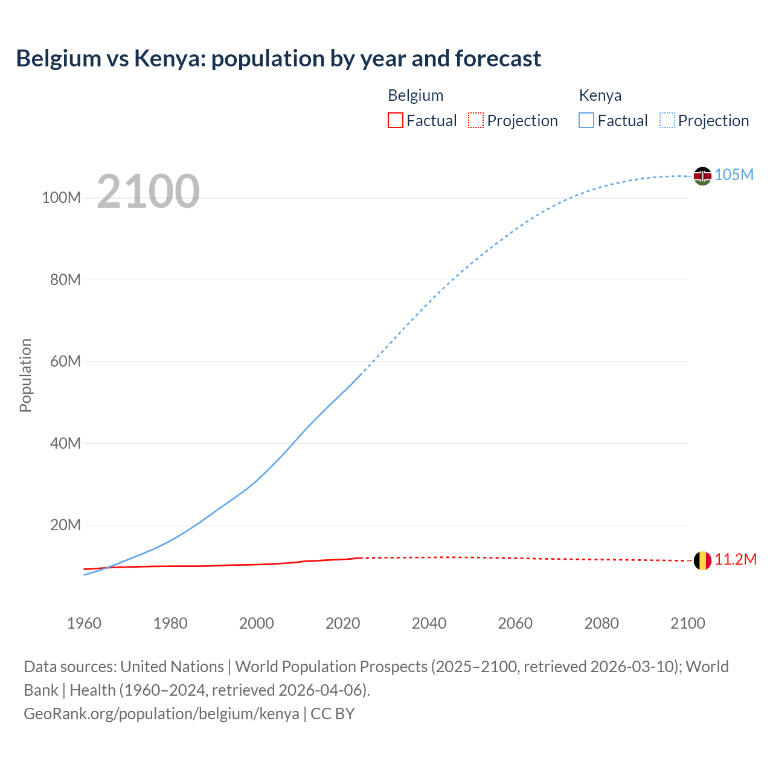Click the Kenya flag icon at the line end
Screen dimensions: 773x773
click(x=702, y=176)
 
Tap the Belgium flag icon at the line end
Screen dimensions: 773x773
click(x=702, y=560)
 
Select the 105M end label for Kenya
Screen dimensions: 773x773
click(x=734, y=175)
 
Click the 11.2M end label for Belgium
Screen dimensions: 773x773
click(x=736, y=560)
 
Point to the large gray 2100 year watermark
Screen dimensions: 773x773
click(x=148, y=191)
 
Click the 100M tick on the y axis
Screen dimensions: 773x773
click(x=61, y=198)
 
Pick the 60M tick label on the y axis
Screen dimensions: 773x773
click(x=65, y=362)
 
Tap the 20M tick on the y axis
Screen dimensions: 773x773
click(x=65, y=525)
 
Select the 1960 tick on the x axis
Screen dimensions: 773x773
click(x=84, y=623)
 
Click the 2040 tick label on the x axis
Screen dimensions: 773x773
click(x=429, y=623)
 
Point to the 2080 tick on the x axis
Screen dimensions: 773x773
click(x=601, y=623)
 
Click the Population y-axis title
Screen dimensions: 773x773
click(x=25, y=375)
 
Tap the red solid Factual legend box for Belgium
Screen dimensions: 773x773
click(x=396, y=120)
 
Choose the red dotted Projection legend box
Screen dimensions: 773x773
click(x=476, y=120)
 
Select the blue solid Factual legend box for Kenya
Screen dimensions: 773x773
click(x=586, y=120)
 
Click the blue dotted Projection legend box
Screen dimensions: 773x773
click(x=667, y=120)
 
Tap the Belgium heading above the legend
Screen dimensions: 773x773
click(x=415, y=95)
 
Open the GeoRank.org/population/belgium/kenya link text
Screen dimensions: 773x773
click(x=161, y=714)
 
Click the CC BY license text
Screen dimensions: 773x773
click(x=333, y=714)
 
